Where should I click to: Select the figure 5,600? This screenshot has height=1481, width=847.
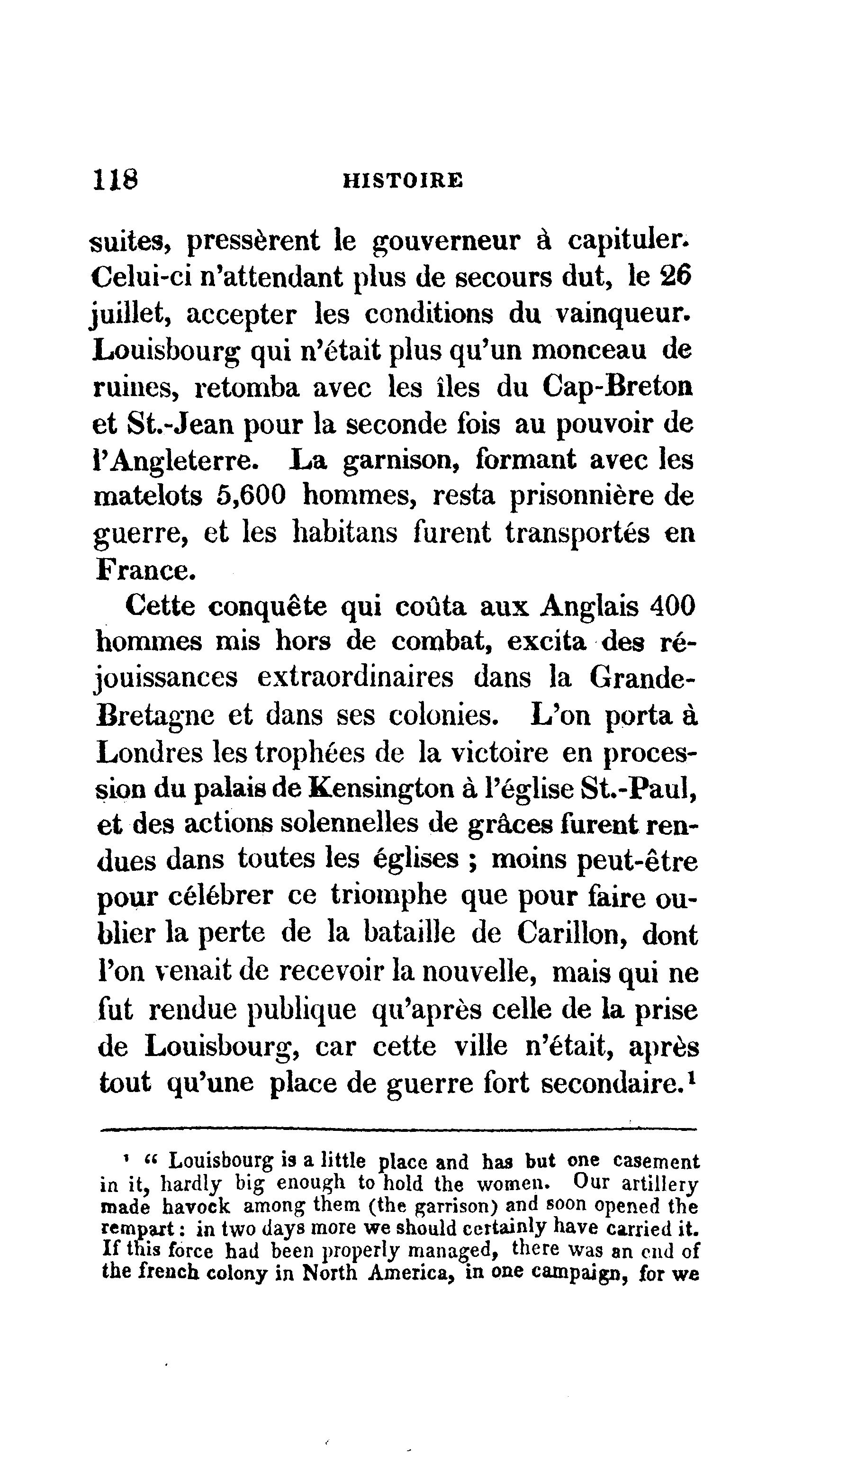pos(252,496)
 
